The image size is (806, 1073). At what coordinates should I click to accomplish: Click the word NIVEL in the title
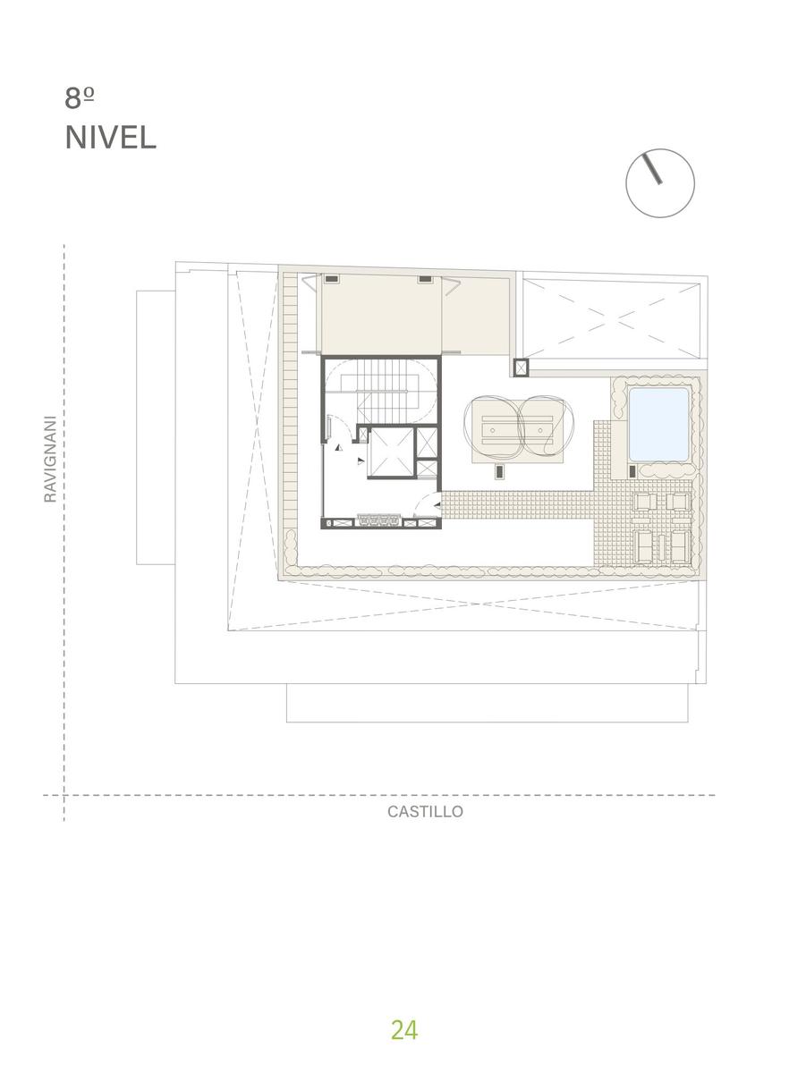pos(111,138)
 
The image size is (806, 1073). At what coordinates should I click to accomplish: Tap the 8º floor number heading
pos(80,98)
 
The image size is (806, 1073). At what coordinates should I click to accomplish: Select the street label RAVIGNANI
pos(50,459)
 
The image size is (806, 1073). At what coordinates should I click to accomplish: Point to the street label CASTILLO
pos(425,812)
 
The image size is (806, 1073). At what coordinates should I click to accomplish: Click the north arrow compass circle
pos(660,183)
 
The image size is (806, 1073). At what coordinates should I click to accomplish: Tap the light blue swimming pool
pos(658,424)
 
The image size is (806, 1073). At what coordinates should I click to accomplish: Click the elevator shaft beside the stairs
pos(391,452)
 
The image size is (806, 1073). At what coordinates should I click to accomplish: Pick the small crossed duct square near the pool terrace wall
pos(521,368)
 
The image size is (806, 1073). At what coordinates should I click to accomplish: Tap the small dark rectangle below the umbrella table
pos(499,472)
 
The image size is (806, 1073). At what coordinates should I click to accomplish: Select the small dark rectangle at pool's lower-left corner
pos(632,472)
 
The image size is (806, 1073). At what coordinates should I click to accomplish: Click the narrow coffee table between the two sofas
pos(662,547)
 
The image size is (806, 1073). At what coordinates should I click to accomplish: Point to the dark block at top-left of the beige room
pos(332,279)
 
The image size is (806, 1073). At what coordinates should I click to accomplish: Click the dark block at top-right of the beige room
pos(425,279)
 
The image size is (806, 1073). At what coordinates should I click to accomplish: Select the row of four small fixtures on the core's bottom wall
pos(379,521)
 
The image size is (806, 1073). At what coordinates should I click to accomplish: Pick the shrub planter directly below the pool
pos(667,470)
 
